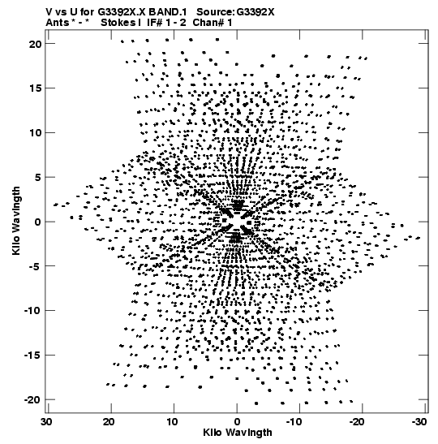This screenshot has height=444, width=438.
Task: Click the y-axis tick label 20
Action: (x=35, y=44)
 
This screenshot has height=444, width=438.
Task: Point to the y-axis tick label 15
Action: (x=36, y=88)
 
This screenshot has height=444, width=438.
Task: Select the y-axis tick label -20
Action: (x=32, y=400)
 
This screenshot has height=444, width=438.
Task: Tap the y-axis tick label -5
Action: (x=35, y=266)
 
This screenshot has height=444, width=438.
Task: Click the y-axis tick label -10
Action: (x=32, y=311)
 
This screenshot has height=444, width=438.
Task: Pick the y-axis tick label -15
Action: (x=32, y=356)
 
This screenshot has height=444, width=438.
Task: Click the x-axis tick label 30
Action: (x=46, y=422)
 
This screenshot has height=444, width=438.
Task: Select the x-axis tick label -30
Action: (x=419, y=422)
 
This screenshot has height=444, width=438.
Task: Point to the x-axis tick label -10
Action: (x=294, y=422)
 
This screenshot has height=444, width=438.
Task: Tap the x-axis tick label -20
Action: (x=357, y=422)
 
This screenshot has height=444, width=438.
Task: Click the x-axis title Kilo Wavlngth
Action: (x=238, y=433)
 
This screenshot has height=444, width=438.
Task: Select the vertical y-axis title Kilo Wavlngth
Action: (x=16, y=221)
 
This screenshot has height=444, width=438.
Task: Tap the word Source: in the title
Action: (x=215, y=12)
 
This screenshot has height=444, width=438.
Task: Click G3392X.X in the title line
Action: (x=122, y=12)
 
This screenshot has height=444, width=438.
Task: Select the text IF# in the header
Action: (x=155, y=23)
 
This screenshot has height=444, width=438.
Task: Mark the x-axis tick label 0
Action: (x=237, y=422)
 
